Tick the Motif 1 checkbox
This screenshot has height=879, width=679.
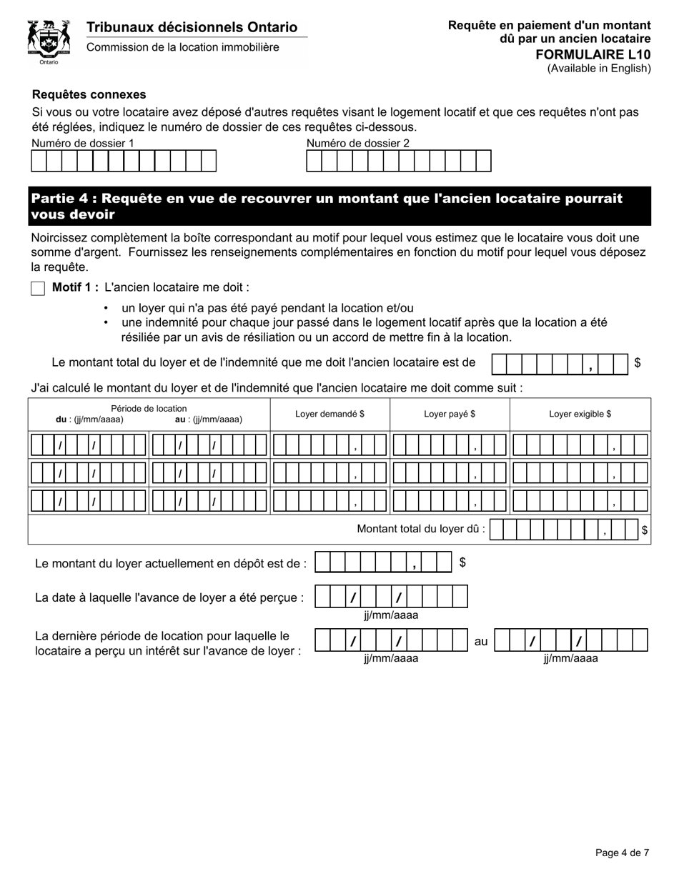[x=38, y=289]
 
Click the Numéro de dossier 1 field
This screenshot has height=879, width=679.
[x=124, y=162]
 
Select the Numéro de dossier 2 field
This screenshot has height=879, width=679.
[x=398, y=162]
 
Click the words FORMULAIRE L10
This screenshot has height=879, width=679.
[x=593, y=54]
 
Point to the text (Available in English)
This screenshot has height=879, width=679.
[x=599, y=69]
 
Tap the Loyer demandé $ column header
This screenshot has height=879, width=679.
[x=329, y=414]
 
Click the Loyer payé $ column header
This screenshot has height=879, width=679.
[x=450, y=414]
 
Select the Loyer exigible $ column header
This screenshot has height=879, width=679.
[x=580, y=414]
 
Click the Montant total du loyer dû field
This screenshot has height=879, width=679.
[x=564, y=530]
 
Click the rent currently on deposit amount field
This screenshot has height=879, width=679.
[x=383, y=563]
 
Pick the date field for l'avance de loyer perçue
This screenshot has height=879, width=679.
[x=391, y=597]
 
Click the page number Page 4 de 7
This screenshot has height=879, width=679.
[x=622, y=853]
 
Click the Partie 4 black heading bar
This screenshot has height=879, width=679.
[x=339, y=207]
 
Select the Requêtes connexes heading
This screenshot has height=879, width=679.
[x=89, y=94]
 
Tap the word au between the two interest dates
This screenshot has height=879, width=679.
[x=481, y=642]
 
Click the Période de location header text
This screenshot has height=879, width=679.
[x=149, y=409]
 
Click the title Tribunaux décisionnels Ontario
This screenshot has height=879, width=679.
[x=192, y=27]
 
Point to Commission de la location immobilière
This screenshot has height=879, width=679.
[x=183, y=47]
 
